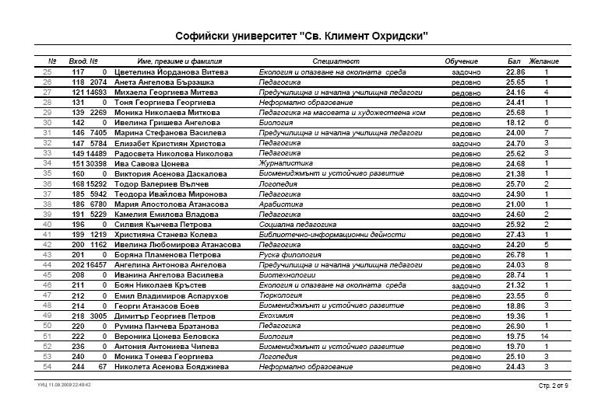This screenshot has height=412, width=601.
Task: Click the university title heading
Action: (x=301, y=37)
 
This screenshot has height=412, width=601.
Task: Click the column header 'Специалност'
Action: (x=336, y=61)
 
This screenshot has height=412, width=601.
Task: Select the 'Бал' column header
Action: (x=514, y=61)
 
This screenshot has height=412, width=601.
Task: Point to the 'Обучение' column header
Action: (x=461, y=61)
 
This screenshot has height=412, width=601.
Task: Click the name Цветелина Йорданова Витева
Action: (x=171, y=72)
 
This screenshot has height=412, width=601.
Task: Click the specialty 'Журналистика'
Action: (x=286, y=163)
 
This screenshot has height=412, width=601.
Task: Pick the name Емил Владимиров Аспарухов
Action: (x=170, y=295)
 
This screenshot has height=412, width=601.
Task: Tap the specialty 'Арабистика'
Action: (x=281, y=204)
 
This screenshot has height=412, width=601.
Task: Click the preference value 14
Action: (x=547, y=336)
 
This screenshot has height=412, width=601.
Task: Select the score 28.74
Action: (x=515, y=275)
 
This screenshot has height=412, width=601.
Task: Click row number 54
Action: (x=47, y=367)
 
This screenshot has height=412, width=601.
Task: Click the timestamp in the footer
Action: (x=65, y=385)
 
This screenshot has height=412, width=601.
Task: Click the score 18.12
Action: (x=515, y=123)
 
